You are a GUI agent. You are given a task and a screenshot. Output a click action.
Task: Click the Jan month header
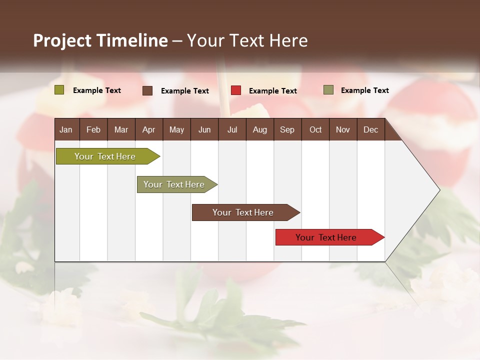tap(66, 129)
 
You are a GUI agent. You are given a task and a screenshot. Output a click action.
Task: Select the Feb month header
tap(93, 129)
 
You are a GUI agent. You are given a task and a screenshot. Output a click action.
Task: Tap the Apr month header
tap(148, 129)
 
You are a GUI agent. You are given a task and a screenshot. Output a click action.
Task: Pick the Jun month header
tap(204, 129)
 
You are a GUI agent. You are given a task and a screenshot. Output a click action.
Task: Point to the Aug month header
tap(259, 129)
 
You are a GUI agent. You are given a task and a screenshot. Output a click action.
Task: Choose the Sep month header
tap(287, 129)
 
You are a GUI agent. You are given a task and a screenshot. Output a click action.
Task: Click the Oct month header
tap(315, 129)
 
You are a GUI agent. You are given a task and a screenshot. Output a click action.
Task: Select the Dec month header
tap(370, 129)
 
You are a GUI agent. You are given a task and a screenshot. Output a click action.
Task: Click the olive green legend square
tap(59, 90)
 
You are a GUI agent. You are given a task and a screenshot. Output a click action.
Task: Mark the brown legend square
tap(147, 90)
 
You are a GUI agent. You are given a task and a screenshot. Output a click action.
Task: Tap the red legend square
tap(236, 90)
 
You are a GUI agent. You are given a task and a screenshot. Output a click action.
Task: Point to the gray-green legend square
tap(328, 90)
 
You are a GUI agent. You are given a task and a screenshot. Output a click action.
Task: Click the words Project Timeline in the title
tap(100, 40)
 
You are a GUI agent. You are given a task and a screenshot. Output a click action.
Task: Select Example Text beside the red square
tap(272, 91)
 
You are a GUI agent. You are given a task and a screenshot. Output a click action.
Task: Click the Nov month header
tap(343, 129)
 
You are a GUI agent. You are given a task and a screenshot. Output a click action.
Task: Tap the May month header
tap(176, 129)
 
